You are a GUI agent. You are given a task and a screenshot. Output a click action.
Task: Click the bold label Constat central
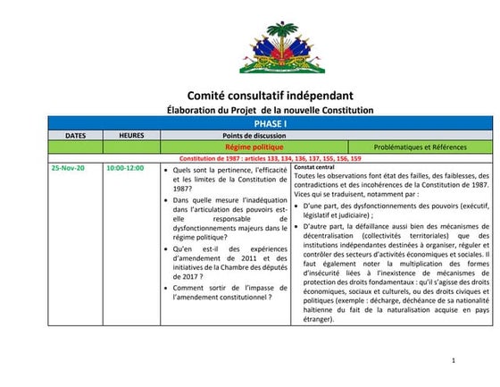(314, 167)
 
